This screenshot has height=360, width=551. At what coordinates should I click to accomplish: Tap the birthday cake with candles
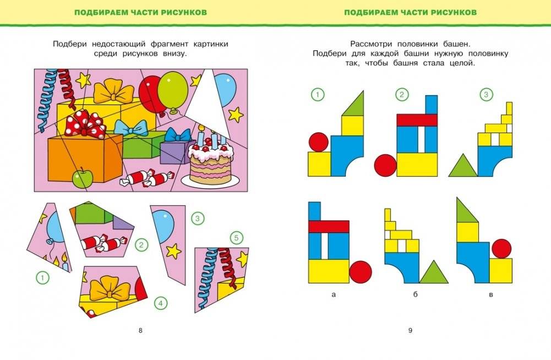[x=210, y=162]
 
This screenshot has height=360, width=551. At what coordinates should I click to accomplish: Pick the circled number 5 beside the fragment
[x=236, y=238]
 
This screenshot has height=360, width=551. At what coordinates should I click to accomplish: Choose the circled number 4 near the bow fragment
[x=160, y=303]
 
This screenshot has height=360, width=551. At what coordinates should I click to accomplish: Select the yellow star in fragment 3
[x=173, y=251]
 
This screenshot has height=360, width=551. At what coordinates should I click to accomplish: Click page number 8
[x=140, y=330]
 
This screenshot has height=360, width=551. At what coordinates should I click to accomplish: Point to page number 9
[x=410, y=330]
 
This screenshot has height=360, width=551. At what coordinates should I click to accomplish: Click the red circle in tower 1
[x=318, y=142]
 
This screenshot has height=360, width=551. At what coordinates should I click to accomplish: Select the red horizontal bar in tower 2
[x=417, y=120]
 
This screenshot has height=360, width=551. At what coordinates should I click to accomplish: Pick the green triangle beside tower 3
[x=462, y=166]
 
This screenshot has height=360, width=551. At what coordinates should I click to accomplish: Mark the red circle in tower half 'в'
[x=501, y=248]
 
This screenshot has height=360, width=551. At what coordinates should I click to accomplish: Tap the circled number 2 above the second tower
[x=402, y=95]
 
